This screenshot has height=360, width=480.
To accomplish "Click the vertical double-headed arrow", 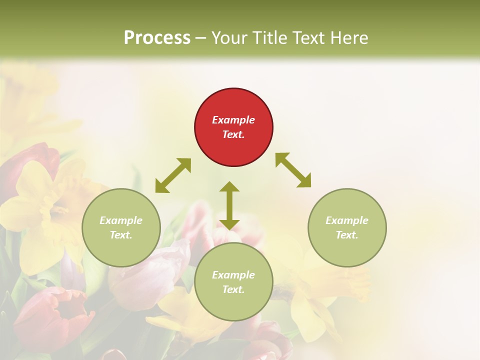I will click(x=229, y=205).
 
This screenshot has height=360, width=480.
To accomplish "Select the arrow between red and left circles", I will click(x=173, y=175).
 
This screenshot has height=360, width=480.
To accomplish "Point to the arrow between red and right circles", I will click(x=293, y=170).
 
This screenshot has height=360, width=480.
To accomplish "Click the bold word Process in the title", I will click(x=157, y=37).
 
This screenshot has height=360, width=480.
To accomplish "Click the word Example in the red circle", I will click(x=233, y=120).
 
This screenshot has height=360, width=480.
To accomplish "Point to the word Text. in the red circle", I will click(x=233, y=134).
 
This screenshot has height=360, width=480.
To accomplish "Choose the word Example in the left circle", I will click(x=121, y=220).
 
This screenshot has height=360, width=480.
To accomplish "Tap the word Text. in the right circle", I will click(x=347, y=235).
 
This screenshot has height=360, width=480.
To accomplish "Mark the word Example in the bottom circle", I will click(x=233, y=275).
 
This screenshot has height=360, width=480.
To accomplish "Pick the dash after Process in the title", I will click(x=200, y=38).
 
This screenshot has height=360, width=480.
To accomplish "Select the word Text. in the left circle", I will click(x=121, y=235).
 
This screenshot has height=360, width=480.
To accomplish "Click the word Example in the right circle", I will click(x=347, y=220).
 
